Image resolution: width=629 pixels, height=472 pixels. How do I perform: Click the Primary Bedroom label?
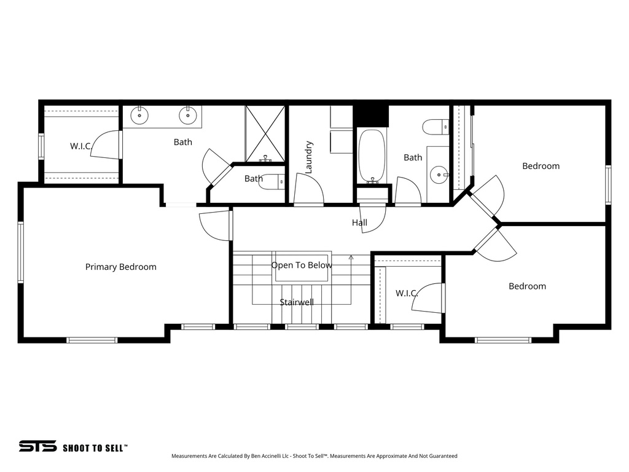coord(120,267)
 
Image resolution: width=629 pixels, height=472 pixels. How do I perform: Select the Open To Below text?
coord(302,265)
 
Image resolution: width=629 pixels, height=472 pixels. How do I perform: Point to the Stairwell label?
coord(297,302)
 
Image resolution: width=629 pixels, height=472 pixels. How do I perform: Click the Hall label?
coord(359,222)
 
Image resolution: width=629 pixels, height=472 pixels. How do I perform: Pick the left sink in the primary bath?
coord(141,114)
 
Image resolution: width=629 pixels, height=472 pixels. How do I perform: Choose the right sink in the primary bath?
coord(188,114)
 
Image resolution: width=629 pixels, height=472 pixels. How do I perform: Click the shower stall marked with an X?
coord(265,133)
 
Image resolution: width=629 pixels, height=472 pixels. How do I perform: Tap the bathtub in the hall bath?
coord(372,155)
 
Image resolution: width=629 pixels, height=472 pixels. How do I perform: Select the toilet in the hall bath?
coord(435,127)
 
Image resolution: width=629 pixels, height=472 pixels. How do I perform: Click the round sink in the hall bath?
coord(439,174)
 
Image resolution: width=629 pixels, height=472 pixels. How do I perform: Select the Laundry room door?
coord(309,189)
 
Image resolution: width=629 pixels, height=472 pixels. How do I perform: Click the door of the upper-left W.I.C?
coord(106,145)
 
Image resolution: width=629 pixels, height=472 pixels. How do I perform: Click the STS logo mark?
coord(37,446)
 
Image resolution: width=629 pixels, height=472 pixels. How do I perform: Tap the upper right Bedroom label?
coord(541,166)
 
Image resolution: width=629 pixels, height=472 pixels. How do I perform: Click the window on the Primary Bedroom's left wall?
coord(20,252)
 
